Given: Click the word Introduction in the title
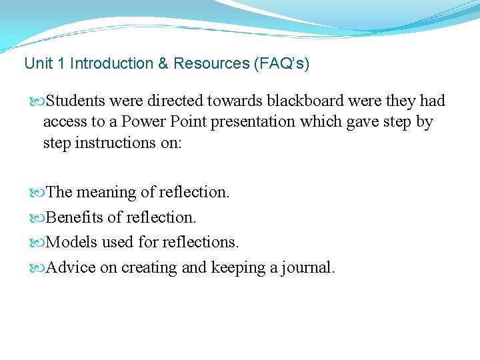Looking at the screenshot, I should click(111, 64).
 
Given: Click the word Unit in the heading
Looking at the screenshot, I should click(36, 64).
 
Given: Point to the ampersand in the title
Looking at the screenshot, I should click(163, 64).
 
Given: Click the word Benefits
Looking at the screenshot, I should click(75, 217).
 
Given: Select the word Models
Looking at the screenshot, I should click(71, 242).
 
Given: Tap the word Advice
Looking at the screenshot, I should click(71, 267).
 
